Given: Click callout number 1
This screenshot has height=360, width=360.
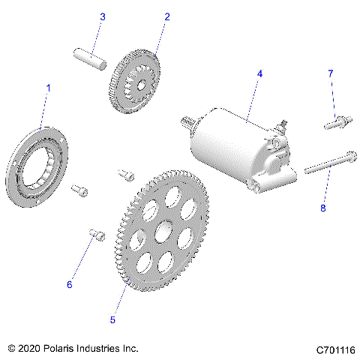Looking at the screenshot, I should pos(49,88).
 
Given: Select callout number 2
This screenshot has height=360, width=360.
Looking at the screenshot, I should pos(166,16).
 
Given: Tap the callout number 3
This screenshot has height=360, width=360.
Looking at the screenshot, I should pos(103,16).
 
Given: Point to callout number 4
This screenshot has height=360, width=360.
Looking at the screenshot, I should pos(259,73).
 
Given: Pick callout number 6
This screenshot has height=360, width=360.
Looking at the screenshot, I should pos(70,284).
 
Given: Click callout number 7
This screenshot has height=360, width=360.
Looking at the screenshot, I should pos(329,73).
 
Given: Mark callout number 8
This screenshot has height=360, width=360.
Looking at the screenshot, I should pos(323,208).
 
